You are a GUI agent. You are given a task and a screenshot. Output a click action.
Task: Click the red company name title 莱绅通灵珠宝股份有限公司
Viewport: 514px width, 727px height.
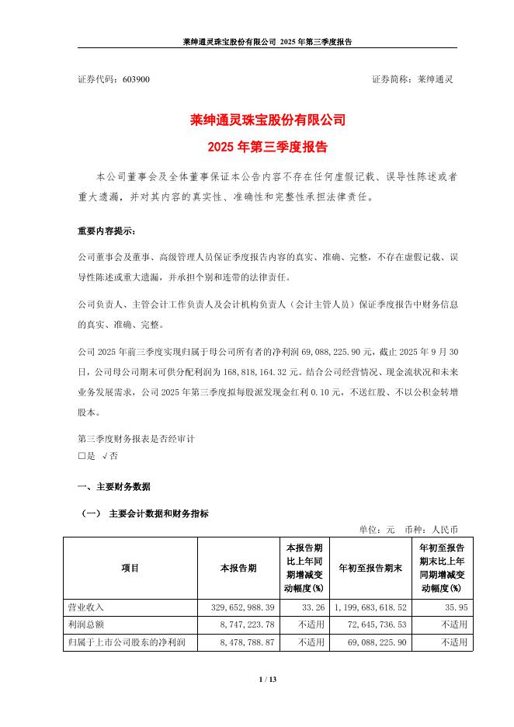click(257, 120)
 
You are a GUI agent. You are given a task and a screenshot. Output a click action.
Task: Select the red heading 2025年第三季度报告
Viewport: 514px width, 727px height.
click(257, 146)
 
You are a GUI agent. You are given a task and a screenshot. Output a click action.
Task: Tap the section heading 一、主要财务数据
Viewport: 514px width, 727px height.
click(114, 487)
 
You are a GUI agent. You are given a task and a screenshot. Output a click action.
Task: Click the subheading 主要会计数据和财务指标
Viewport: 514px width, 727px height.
click(158, 513)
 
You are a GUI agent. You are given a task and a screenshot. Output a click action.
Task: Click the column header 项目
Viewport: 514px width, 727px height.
click(130, 568)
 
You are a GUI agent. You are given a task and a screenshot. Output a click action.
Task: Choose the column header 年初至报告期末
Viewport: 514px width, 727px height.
click(370, 568)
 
